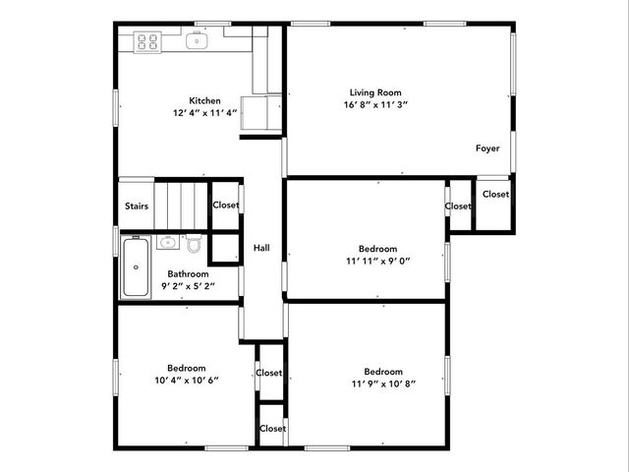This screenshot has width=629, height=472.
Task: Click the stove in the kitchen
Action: coord(146,41)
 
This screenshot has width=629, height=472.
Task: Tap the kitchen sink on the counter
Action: coord(197,41)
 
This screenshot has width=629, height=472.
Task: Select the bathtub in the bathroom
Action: coord(135,266)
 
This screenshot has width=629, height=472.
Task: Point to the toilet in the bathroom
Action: coord(195,243)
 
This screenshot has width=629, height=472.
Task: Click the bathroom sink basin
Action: coord(167,241)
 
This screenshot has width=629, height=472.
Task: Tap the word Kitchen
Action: coord(204,100)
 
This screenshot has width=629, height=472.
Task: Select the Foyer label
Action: coord(488,148)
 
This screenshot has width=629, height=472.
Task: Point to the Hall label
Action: coord(261,248)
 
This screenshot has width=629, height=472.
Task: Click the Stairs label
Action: coord(136,206)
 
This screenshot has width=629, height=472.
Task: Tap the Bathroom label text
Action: coord(187,274)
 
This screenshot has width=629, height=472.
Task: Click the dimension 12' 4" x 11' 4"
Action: coord(204,112)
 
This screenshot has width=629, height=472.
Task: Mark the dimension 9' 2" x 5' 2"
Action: coord(187,286)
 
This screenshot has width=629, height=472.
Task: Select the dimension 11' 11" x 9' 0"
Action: coord(377,261)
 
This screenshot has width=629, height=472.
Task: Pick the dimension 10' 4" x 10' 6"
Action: coord(186,380)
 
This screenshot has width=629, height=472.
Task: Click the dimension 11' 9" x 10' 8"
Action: coord(383,383)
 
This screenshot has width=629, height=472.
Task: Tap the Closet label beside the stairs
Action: coord(226,206)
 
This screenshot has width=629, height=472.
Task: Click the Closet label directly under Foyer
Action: coord(495,194)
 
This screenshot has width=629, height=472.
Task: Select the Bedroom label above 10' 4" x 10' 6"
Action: coord(186,368)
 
